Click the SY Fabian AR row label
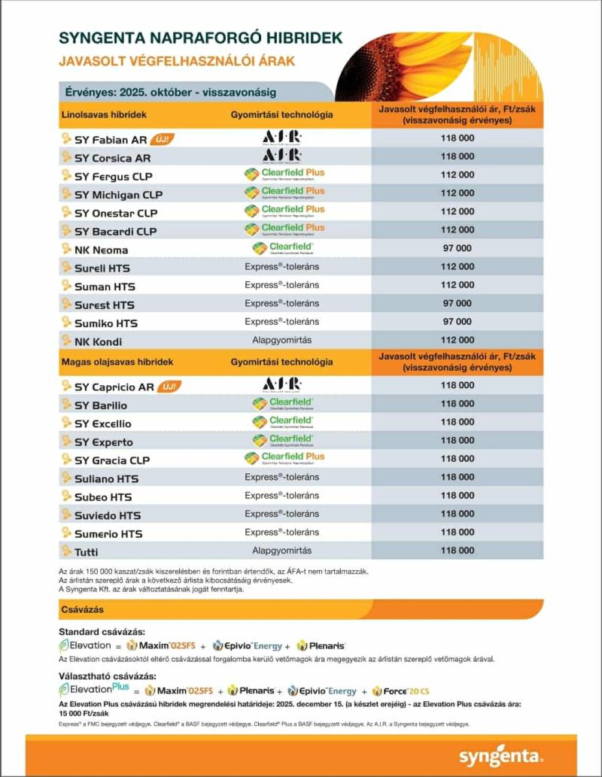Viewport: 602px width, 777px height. pyautogui.click(x=111, y=140)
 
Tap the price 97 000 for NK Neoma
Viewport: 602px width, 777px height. pyautogui.click(x=457, y=248)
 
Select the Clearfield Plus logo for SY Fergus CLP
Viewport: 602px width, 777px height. pyautogui.click(x=284, y=175)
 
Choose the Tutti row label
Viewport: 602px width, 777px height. pyautogui.click(x=87, y=552)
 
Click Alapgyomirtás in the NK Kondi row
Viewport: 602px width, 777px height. pyautogui.click(x=281, y=340)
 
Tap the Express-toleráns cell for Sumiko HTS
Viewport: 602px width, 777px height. pyautogui.click(x=281, y=322)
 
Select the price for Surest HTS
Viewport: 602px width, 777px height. pyautogui.click(x=457, y=303)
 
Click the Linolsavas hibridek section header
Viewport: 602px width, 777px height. pyautogui.click(x=103, y=114)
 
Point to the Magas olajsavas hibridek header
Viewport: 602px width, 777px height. pyautogui.click(x=117, y=362)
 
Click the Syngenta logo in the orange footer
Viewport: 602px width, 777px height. pyautogui.click(x=500, y=755)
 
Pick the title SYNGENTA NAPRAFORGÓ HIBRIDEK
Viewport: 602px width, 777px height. pyautogui.click(x=200, y=37)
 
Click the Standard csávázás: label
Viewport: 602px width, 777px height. pyautogui.click(x=102, y=631)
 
